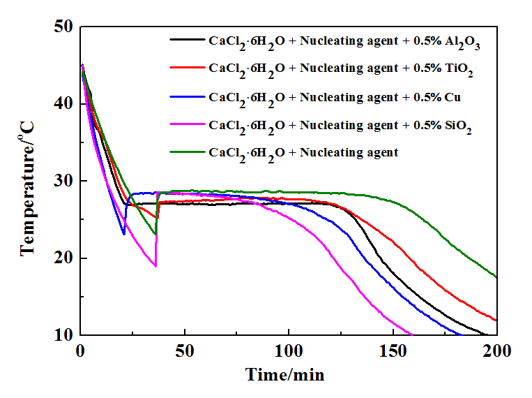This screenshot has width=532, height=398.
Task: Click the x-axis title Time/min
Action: [x=284, y=374]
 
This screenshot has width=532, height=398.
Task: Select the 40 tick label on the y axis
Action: [x=63, y=104]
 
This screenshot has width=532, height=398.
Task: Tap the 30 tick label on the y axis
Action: [x=63, y=182]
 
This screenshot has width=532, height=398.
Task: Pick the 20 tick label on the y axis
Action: [x=63, y=258]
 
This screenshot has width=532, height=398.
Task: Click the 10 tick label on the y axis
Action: [x=63, y=336]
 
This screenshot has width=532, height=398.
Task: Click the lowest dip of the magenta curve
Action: [x=155, y=266]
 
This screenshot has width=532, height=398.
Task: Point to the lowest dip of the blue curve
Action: [x=124, y=234]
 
